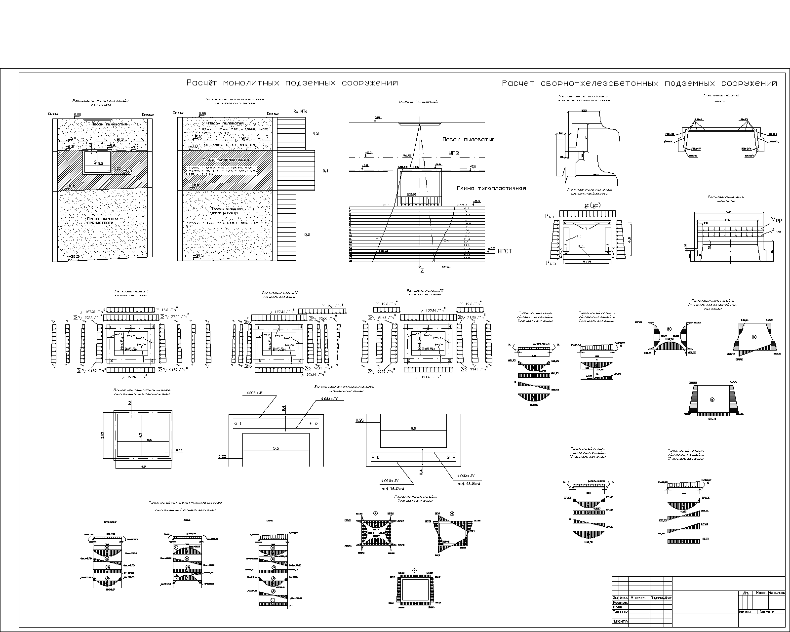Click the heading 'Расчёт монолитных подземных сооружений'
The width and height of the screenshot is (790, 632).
(292, 83)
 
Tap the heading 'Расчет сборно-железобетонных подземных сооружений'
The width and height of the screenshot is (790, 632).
(639, 83)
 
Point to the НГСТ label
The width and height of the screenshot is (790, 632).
(505, 251)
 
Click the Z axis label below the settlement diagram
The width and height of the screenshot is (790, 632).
(421, 271)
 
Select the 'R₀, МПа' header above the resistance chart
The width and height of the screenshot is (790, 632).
(300, 112)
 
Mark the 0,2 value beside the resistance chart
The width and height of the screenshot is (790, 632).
(307, 235)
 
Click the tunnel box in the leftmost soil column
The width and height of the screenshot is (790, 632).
(96, 162)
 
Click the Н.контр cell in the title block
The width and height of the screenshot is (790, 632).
(620, 621)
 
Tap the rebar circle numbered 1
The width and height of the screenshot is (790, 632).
(236, 424)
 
